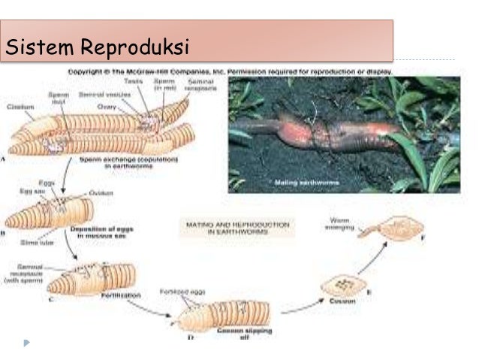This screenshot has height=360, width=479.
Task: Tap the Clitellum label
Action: click(x=21, y=107)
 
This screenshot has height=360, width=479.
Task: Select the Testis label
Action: click(x=133, y=80)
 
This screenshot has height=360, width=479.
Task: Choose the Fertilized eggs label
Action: click(x=177, y=292)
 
